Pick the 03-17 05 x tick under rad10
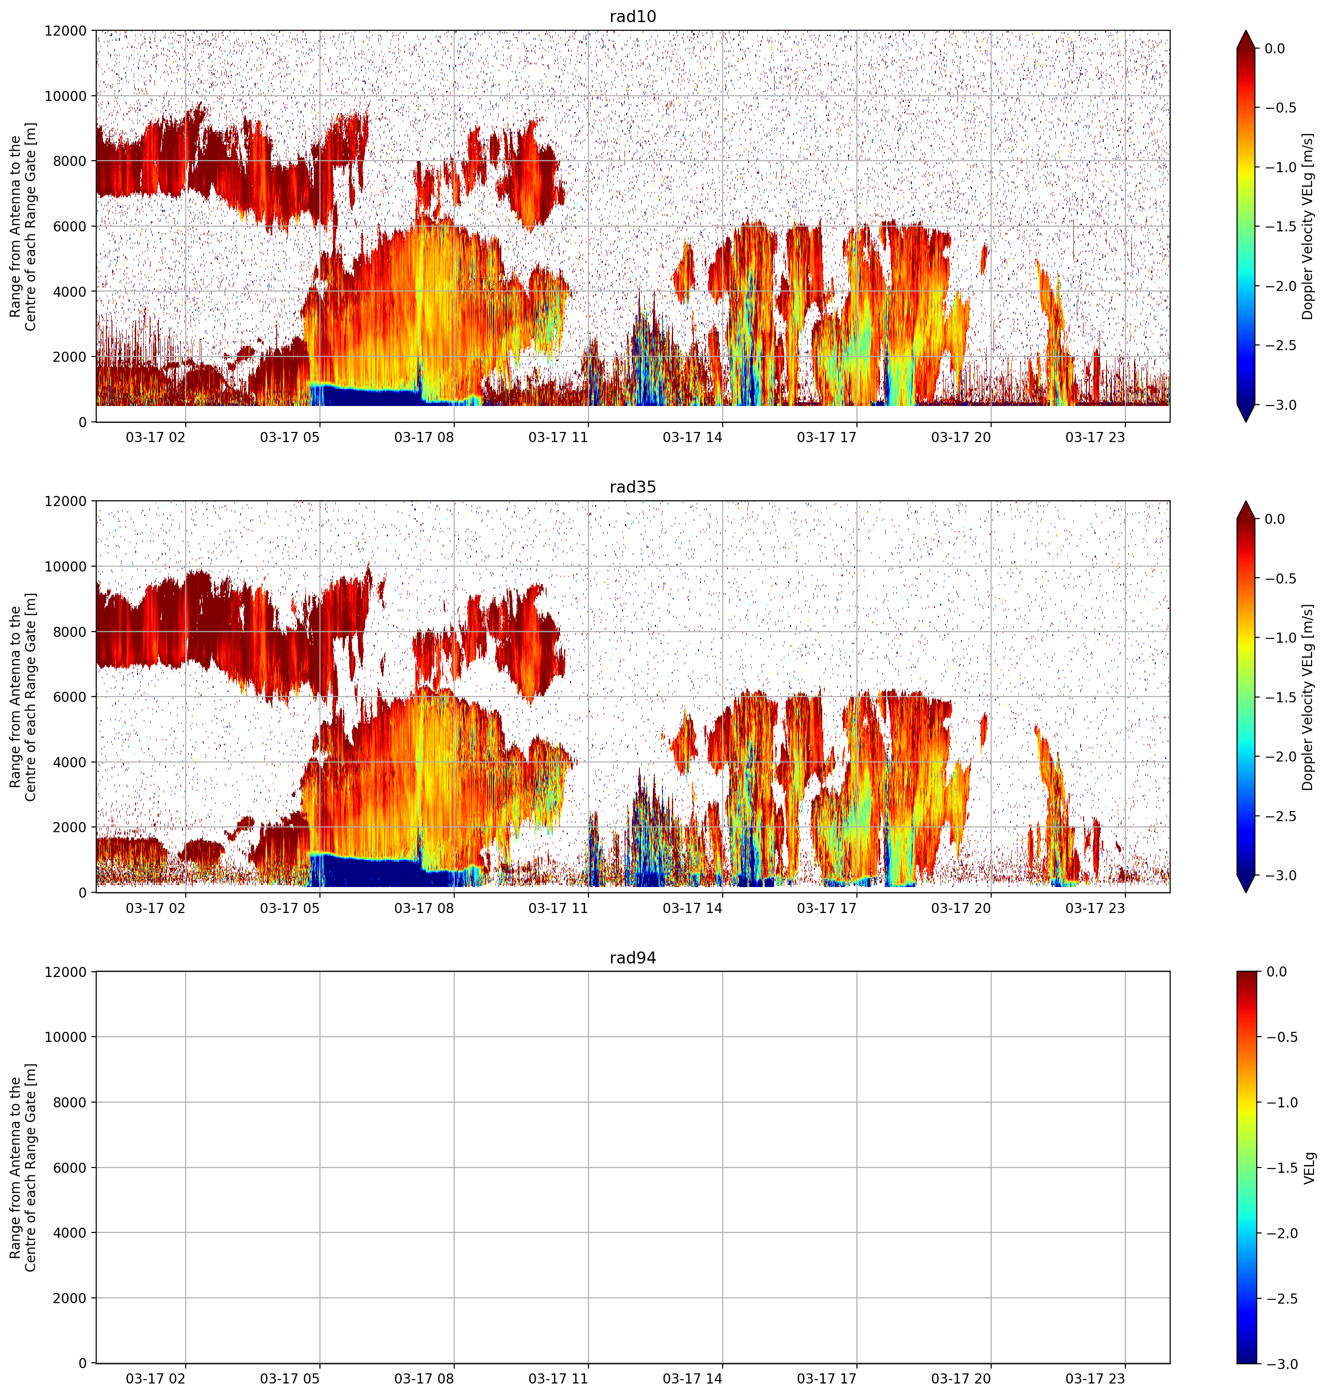coord(290,437)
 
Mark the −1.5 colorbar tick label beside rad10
coord(1281,226)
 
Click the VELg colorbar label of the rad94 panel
coord(1309,1168)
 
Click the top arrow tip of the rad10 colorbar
coord(1247,30)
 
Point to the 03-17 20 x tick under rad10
coord(960,437)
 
